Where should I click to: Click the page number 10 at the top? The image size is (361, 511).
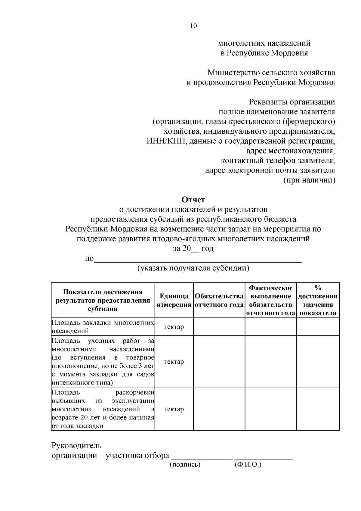click(193, 26)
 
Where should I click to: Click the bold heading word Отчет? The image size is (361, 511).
click(193, 200)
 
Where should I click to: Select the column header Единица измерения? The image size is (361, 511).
click(174, 300)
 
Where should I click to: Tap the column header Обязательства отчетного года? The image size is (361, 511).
click(219, 300)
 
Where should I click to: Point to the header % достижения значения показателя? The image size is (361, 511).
click(318, 300)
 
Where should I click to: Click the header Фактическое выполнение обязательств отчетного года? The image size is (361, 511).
click(271, 300)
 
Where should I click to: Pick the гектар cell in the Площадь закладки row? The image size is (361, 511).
click(174, 327)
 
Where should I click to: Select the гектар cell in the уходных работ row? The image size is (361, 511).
click(174, 362)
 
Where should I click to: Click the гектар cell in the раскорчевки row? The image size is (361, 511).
click(174, 409)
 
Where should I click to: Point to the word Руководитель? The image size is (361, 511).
click(77, 445)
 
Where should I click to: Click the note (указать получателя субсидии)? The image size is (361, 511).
click(193, 268)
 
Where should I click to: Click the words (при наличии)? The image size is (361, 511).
click(310, 180)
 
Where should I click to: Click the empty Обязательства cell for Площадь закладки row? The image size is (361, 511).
click(219, 327)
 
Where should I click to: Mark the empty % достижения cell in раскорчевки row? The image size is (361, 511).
click(318, 409)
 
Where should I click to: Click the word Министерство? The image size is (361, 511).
click(229, 73)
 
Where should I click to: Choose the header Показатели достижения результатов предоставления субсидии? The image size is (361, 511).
click(103, 300)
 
